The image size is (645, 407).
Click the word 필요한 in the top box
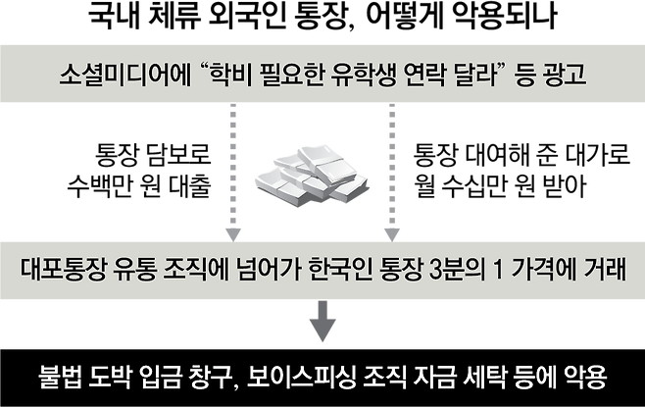(285, 75)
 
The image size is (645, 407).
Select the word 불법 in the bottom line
(58, 376)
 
